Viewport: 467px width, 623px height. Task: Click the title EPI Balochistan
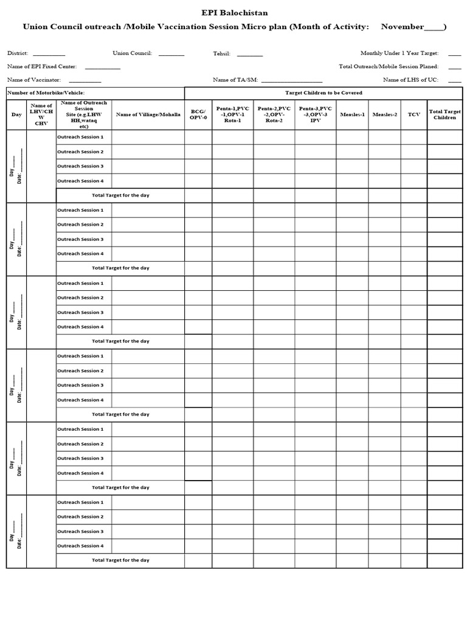[x=234, y=13]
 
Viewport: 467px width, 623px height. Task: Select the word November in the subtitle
[x=402, y=27]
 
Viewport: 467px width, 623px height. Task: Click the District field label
[x=18, y=54]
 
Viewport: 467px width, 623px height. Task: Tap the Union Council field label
[x=132, y=54]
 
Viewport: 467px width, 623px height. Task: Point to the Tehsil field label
[x=221, y=54]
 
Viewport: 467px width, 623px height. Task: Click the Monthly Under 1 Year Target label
[x=399, y=54]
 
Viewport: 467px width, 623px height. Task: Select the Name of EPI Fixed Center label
[x=42, y=66]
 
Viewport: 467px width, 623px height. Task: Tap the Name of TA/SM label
[x=231, y=80]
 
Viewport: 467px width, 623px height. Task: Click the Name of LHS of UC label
[x=410, y=80]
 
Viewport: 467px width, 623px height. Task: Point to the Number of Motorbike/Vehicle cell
[x=46, y=93]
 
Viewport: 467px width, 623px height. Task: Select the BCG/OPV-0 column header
[x=198, y=114]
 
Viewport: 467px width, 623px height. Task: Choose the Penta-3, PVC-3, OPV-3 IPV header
[x=315, y=114]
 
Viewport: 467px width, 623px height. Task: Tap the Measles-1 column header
[x=353, y=114]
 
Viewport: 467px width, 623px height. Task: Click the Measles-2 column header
[x=384, y=114]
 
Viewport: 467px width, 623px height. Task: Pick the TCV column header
[x=413, y=114]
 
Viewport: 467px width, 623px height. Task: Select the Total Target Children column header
[x=445, y=114]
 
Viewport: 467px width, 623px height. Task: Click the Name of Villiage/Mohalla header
[x=148, y=114]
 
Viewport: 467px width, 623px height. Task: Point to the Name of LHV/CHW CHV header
[x=41, y=114]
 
